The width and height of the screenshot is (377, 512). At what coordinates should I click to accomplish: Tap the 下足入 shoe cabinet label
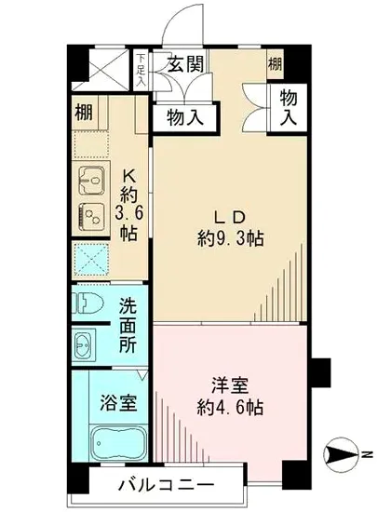[x=141, y=70]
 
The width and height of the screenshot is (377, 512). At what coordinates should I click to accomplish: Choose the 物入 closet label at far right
[x=289, y=108]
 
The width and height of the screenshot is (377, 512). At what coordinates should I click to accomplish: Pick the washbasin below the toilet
[x=84, y=344]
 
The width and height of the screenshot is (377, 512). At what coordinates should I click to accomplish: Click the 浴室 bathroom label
[x=119, y=404]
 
